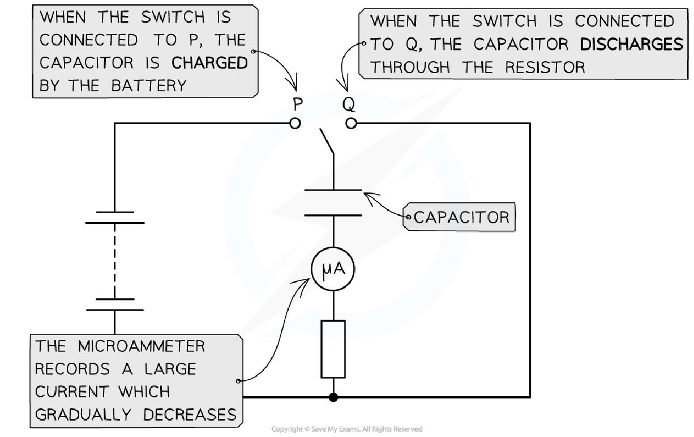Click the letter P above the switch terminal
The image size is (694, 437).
tap(298, 105)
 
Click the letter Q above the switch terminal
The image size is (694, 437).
tap(349, 105)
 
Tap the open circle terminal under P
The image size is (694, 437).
tap(295, 123)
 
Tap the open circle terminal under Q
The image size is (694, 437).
tap(351, 123)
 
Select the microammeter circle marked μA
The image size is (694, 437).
tap(333, 270)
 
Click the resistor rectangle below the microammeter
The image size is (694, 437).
tap(333, 349)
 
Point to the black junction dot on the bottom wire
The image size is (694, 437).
tap(333, 397)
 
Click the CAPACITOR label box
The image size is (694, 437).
tap(460, 217)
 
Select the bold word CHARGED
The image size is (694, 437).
tap(209, 63)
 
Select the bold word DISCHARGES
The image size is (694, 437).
tap(632, 45)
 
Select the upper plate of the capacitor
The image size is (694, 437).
tap(333, 190)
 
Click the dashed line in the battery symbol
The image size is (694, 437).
tap(114, 260)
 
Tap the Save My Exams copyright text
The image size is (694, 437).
tap(346, 429)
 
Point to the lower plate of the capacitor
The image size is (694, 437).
tap(333, 215)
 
